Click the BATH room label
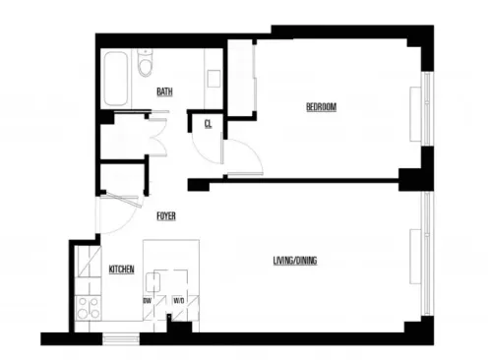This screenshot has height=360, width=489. tap(164, 92)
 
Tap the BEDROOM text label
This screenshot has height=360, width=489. tap(321, 106)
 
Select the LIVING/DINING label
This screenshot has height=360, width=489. tap(295, 261)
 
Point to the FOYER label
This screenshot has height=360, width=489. tap(166, 215)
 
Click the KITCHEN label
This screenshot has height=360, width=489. tap(121, 269)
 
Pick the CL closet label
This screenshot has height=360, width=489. tap(209, 124)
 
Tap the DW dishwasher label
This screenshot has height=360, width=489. tap(147, 300)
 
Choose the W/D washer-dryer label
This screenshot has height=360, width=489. tap(178, 300)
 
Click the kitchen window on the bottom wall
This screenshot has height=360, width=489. tap(120, 339)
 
